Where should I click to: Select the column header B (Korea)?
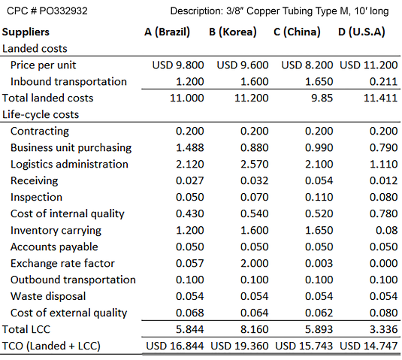pyautogui.click(x=233, y=32)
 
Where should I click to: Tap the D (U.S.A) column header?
pyautogui.click(x=361, y=32)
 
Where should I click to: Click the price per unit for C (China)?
pyautogui.click(x=307, y=65)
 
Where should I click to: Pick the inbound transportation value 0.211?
pyautogui.click(x=383, y=82)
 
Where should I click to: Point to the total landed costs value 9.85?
pyautogui.click(x=322, y=98)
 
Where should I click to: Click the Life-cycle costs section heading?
pyautogui.click(x=41, y=115)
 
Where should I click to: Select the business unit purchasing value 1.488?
pyautogui.click(x=189, y=148)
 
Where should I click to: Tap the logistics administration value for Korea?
pyautogui.click(x=254, y=164)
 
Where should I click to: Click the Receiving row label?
pyautogui.click(x=34, y=181)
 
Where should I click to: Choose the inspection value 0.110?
pyautogui.click(x=319, y=197)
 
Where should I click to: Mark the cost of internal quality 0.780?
pyautogui.click(x=383, y=213)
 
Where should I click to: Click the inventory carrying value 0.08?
pyautogui.click(x=387, y=230)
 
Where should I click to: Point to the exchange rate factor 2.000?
pyautogui.click(x=254, y=263)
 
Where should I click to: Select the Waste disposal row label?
pyautogui.click(x=48, y=296)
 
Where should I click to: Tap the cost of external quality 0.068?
pyautogui.click(x=189, y=313)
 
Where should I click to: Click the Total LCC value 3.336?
pyautogui.click(x=383, y=329)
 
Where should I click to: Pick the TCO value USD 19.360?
pyautogui.click(x=240, y=346)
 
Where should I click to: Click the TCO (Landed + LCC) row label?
pyautogui.click(x=51, y=346)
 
